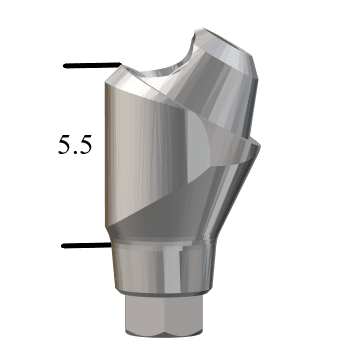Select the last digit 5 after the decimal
pyautogui.click(x=86, y=144)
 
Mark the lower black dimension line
pyautogui.click(x=86, y=245)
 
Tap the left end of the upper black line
pyautogui.click(x=65, y=66)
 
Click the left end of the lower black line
pyautogui.click(x=64, y=245)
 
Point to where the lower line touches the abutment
pyautogui.click(x=109, y=245)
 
